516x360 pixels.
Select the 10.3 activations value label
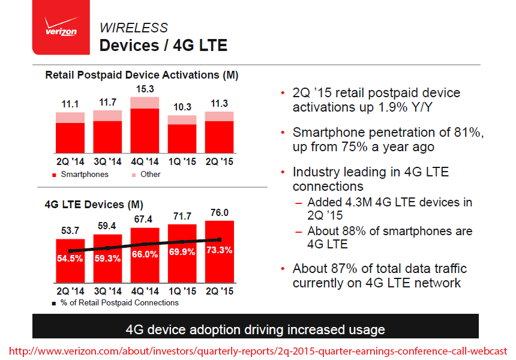tap(182, 107)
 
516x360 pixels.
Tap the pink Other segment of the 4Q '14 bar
tap(145, 102)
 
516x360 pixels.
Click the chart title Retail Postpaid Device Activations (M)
tap(142, 75)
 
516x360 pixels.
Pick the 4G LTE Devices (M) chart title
tap(94, 205)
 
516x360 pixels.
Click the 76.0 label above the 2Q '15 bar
tap(219, 212)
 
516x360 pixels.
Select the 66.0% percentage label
tap(145, 254)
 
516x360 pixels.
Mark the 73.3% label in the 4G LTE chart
tap(219, 250)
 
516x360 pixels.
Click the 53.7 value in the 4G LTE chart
tap(70, 231)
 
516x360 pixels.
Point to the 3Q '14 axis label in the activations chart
tap(107, 161)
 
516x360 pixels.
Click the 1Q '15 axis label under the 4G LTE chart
tap(182, 291)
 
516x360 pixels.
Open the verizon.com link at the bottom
tap(258, 350)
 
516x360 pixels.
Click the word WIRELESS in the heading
tap(133, 28)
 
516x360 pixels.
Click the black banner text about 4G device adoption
tap(255, 329)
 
